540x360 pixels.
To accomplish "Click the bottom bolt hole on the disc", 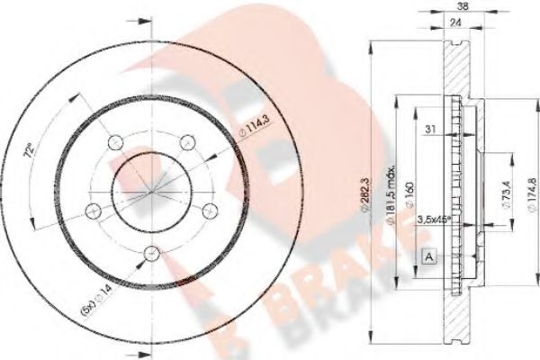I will click(x=151, y=251).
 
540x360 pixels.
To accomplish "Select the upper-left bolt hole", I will click(x=114, y=141).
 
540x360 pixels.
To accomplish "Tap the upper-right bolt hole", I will click(x=188, y=140).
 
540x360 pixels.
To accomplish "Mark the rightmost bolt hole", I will click(x=211, y=209).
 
